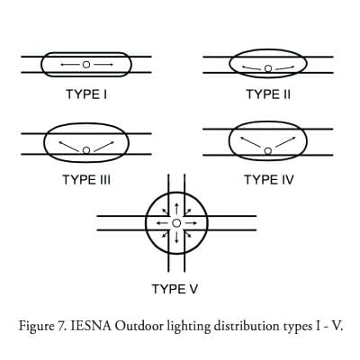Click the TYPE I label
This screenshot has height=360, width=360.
pos(86,94)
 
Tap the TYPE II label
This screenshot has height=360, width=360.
pos(268,94)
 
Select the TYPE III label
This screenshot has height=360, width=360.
pos(86,180)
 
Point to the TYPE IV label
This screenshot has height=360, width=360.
pos(269,180)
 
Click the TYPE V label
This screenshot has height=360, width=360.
pos(175,289)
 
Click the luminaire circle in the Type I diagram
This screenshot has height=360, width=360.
pos(86,65)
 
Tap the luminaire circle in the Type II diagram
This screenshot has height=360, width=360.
pos(268,68)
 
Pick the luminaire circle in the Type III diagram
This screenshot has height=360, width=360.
pos(86,150)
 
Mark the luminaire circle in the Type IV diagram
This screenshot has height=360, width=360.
pos(268,150)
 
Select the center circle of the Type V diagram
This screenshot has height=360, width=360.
pos(176,223)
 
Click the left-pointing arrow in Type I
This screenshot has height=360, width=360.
pos(70,65)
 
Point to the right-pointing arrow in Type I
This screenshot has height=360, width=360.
pos(103,65)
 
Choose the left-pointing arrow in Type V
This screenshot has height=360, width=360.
pos(162,223)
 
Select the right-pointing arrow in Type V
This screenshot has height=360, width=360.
pos(191,223)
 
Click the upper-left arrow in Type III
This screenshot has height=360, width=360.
pos(68,147)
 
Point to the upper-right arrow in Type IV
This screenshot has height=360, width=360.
pos(285,142)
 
